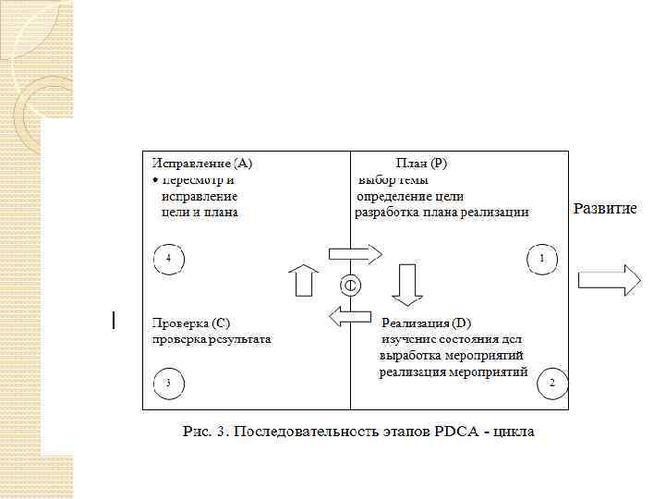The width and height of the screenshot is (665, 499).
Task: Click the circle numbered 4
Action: pos(168,260)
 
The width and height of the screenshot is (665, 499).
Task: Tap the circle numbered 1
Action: pos(541,260)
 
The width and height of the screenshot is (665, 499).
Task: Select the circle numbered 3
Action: pos(168,383)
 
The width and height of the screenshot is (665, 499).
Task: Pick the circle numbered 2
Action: pos(551,383)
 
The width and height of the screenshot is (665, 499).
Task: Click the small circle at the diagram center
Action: pos(351,285)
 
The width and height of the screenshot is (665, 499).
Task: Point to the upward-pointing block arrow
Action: pos(304,280)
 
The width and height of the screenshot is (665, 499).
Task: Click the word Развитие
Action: pos(606,208)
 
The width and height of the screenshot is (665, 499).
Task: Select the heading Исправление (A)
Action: pos(202,164)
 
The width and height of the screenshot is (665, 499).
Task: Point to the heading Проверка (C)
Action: pos(191,323)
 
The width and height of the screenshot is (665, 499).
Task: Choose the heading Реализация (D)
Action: pos(427,323)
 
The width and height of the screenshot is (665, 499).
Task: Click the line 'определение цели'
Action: pos(410,197)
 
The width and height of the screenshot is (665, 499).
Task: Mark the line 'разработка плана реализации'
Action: pos(442,213)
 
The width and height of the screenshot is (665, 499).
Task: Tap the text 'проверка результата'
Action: pos(212,339)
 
